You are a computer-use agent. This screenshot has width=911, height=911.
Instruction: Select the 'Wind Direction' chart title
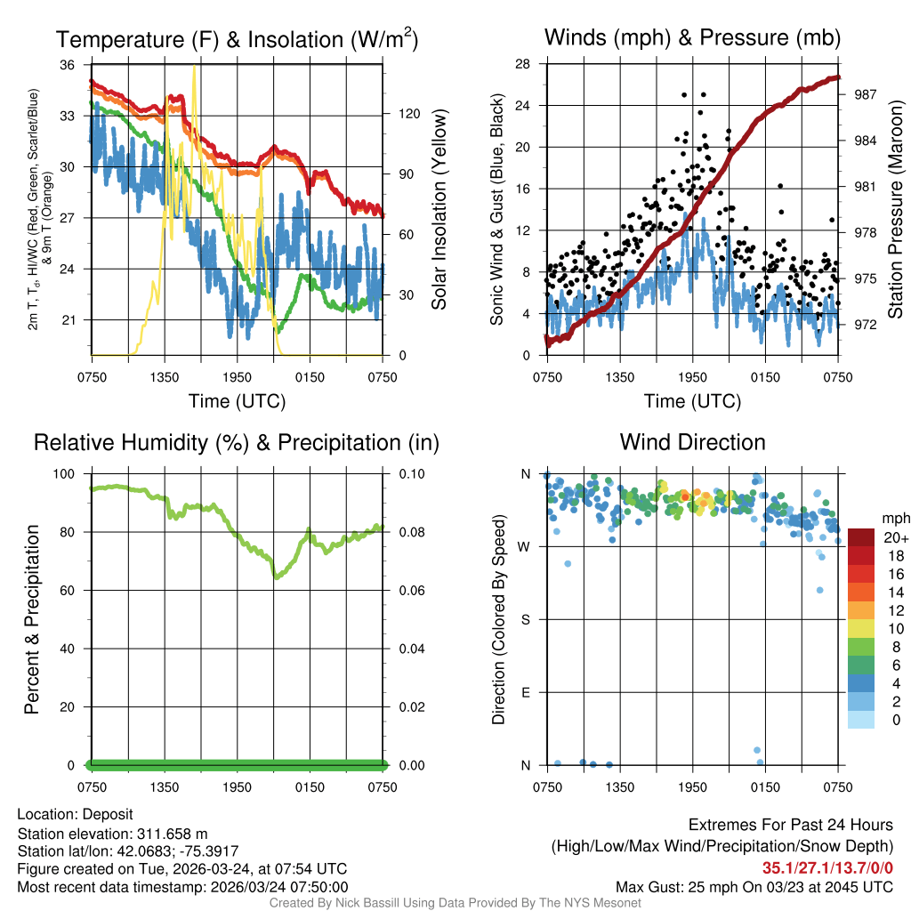(692, 442)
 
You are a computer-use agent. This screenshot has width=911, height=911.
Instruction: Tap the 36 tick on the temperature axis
(68, 65)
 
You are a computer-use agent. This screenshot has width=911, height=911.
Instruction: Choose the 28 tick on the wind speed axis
(523, 64)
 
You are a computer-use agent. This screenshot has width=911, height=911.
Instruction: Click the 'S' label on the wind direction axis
(525, 619)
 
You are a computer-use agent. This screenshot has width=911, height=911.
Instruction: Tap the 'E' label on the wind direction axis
(525, 692)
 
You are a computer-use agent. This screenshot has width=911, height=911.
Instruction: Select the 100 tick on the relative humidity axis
(66, 474)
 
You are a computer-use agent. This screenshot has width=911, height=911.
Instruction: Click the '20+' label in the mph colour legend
(894, 537)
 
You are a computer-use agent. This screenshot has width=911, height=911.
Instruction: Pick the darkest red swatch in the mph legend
(860, 537)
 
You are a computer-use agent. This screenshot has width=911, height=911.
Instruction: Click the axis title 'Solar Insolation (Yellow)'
(439, 210)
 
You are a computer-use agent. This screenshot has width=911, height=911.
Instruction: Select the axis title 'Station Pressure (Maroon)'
(896, 210)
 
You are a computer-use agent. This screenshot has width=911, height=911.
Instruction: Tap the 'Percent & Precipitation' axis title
(32, 619)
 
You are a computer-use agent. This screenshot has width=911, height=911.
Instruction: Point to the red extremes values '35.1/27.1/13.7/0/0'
(827, 868)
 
